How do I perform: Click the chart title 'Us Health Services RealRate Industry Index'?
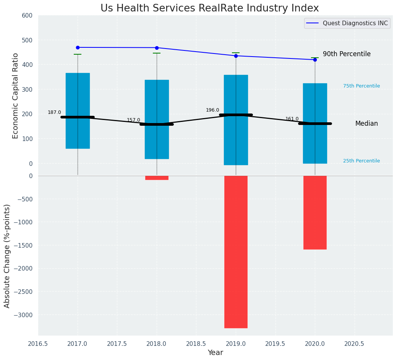(209, 8)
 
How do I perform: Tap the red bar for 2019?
(236, 251)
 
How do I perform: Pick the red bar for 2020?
(315, 212)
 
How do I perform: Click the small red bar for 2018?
(157, 178)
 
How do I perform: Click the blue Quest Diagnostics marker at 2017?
(78, 47)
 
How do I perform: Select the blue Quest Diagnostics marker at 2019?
(236, 56)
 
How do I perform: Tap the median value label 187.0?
(54, 112)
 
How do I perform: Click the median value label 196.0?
(212, 110)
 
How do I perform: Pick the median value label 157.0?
(133, 120)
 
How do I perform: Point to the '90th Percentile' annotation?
(347, 54)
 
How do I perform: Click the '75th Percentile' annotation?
(361, 86)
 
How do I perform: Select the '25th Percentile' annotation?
(361, 161)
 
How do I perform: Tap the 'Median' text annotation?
(366, 124)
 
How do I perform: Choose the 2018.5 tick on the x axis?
(196, 344)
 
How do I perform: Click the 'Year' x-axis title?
(215, 353)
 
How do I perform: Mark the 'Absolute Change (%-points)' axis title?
(7, 256)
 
